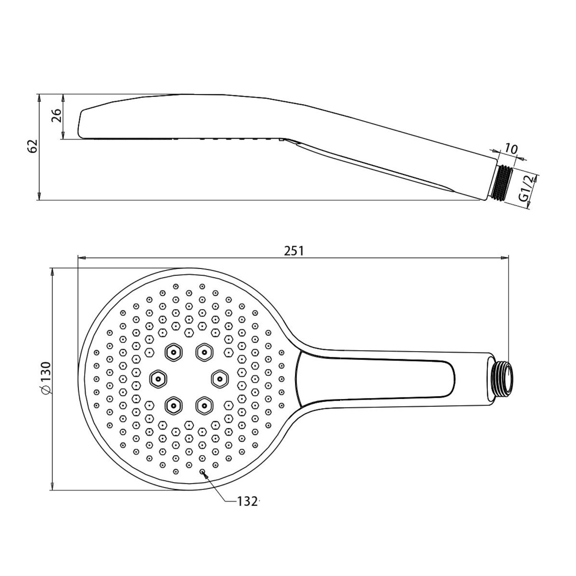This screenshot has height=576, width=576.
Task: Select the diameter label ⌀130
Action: tap(45, 378)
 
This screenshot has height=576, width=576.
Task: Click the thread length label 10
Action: tap(511, 148)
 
